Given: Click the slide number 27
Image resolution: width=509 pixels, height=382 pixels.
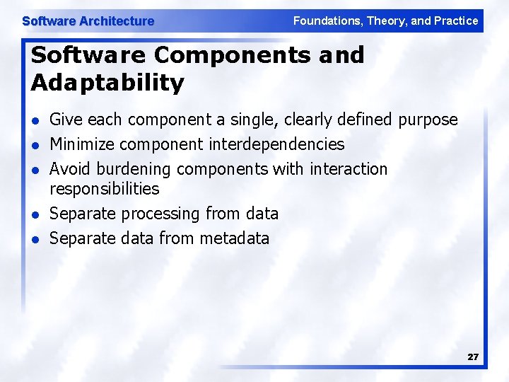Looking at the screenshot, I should point(473,357).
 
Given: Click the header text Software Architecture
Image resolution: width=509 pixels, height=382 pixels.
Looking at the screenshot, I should point(88,21).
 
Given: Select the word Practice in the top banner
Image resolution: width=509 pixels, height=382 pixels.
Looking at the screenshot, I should point(457,21).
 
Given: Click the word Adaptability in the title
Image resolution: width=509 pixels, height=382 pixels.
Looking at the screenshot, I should point(107,83).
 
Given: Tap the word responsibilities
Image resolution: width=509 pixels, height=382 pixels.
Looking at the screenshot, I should point(105,189).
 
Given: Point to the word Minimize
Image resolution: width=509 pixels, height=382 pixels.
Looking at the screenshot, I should point(82,144).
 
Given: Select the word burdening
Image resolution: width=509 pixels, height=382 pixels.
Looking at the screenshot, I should point(134,170).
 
